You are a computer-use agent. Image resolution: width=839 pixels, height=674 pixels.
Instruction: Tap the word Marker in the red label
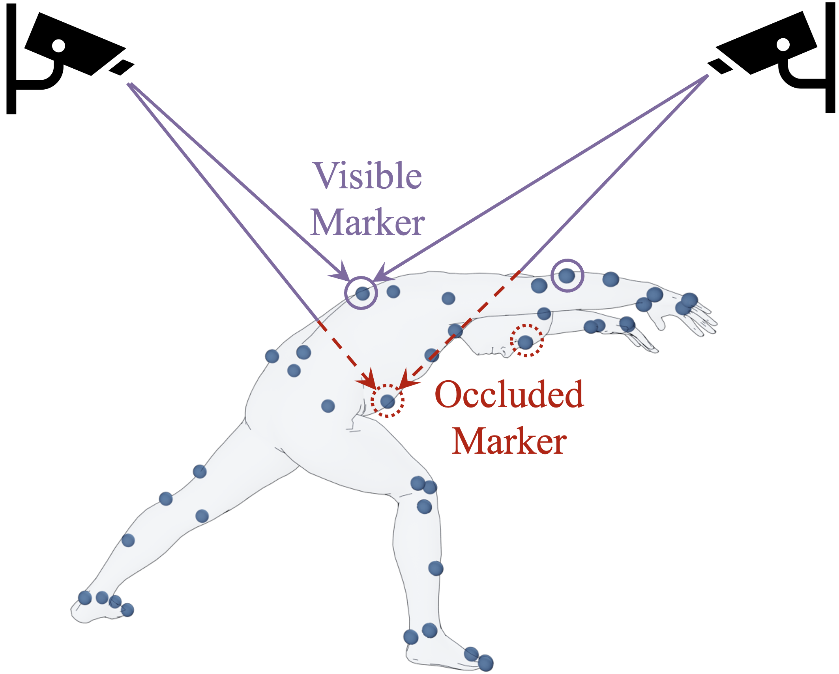(509, 441)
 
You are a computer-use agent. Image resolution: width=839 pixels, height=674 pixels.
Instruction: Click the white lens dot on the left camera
(58, 45)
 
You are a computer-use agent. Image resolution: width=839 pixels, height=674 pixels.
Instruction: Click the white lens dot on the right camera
(783, 45)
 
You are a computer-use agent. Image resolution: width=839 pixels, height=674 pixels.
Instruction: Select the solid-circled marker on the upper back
(362, 293)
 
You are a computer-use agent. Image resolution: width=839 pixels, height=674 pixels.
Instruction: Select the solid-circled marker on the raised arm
(567, 275)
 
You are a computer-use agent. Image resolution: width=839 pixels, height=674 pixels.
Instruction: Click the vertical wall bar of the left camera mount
(11, 59)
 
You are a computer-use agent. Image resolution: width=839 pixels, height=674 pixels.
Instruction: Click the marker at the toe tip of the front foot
(485, 663)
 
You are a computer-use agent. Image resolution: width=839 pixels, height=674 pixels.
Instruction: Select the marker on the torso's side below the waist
(328, 406)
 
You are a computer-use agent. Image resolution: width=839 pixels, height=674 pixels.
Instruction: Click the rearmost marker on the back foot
(85, 597)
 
